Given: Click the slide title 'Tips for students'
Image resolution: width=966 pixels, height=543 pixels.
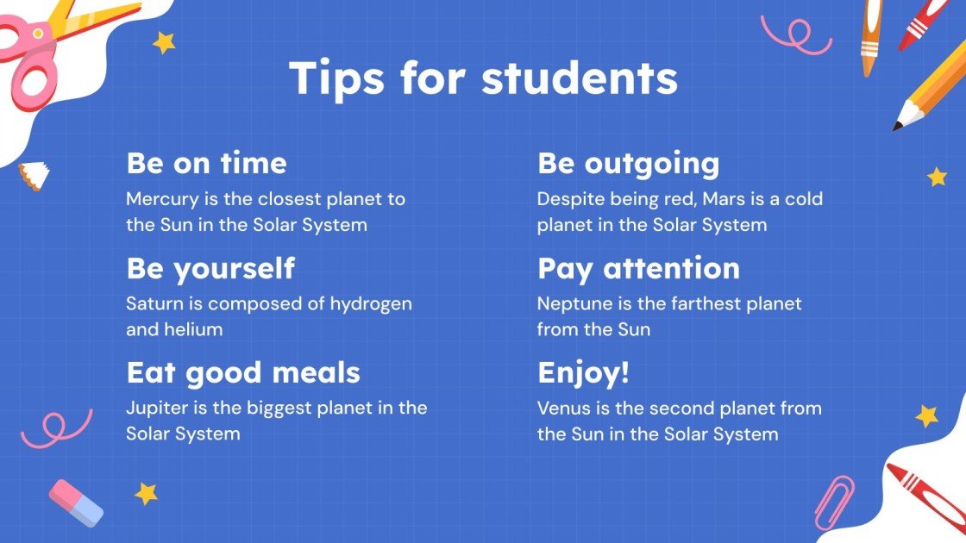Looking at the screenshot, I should [483, 78].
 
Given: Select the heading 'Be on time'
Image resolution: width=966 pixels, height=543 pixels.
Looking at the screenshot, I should [206, 163].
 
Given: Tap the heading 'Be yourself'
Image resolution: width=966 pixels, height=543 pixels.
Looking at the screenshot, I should [210, 268].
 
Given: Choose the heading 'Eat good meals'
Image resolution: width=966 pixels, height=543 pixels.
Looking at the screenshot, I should [243, 372].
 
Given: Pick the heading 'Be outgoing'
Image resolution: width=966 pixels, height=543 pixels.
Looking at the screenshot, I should [628, 163].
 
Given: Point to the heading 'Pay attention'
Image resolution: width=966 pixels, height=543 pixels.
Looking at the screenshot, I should [638, 268].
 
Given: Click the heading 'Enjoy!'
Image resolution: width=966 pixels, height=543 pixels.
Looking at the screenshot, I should [583, 372].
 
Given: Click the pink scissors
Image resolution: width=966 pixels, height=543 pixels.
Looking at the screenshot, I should [34, 60].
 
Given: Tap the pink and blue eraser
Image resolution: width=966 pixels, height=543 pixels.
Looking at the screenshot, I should [76, 502].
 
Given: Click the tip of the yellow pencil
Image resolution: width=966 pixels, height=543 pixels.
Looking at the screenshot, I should [898, 127].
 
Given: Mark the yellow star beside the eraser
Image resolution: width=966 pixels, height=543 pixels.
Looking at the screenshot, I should [146, 493].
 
